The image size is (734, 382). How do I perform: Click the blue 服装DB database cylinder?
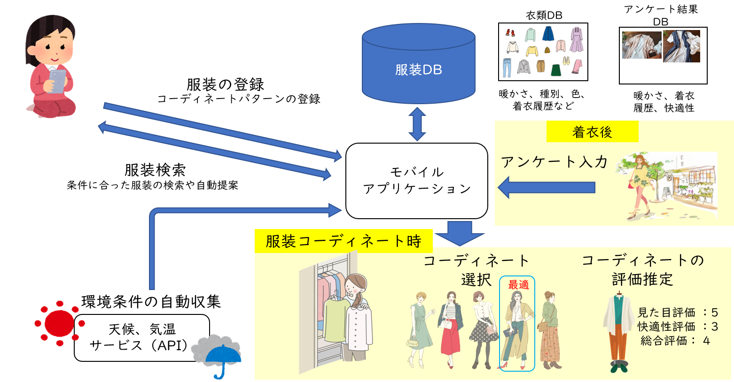[418, 66]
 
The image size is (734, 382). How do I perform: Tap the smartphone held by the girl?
[57, 82]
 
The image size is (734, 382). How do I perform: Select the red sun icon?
[60, 323]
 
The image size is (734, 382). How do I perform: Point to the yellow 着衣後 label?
[592, 132]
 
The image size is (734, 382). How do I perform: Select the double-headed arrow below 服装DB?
[417, 124]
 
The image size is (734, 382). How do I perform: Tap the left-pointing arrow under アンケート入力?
[546, 187]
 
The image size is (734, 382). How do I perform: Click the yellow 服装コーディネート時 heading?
[344, 241]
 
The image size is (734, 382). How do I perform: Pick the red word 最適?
[518, 285]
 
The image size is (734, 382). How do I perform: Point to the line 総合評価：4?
[675, 340]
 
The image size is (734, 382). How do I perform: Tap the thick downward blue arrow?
[459, 233]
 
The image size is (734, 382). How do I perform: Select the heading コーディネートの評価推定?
[643, 270]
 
